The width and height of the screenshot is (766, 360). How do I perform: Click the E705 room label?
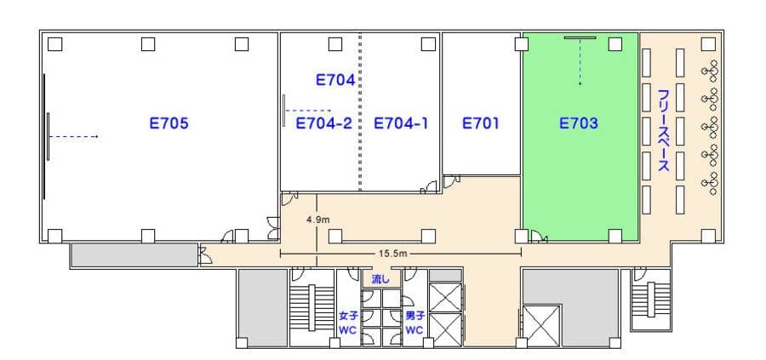coord(169,123)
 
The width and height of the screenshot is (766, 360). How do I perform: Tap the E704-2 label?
coord(324,123)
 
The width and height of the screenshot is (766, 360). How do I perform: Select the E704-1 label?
coord(401,123)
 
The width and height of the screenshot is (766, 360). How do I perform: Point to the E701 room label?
coord(481,123)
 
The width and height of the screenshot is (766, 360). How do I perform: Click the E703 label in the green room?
coord(579,123)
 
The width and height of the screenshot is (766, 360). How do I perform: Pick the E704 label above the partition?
coord(335,80)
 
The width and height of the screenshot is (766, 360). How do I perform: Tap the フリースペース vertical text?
coord(663,130)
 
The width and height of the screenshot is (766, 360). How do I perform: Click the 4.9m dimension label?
coord(318,220)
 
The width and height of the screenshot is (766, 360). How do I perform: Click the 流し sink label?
coord(381,279)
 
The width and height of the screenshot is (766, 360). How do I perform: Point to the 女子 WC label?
coord(349,323)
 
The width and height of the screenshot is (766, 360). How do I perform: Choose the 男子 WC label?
coord(414,323)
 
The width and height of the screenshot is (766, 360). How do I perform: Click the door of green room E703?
coord(540,237)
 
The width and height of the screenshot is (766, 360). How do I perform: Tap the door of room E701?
coord(451,182)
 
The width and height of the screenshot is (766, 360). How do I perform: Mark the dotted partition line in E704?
coord(361,111)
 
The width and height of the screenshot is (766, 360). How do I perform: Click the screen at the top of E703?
coord(580,37)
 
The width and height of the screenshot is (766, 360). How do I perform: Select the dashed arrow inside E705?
coord(74,136)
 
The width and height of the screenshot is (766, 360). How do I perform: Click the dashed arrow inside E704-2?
coord(309,111)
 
